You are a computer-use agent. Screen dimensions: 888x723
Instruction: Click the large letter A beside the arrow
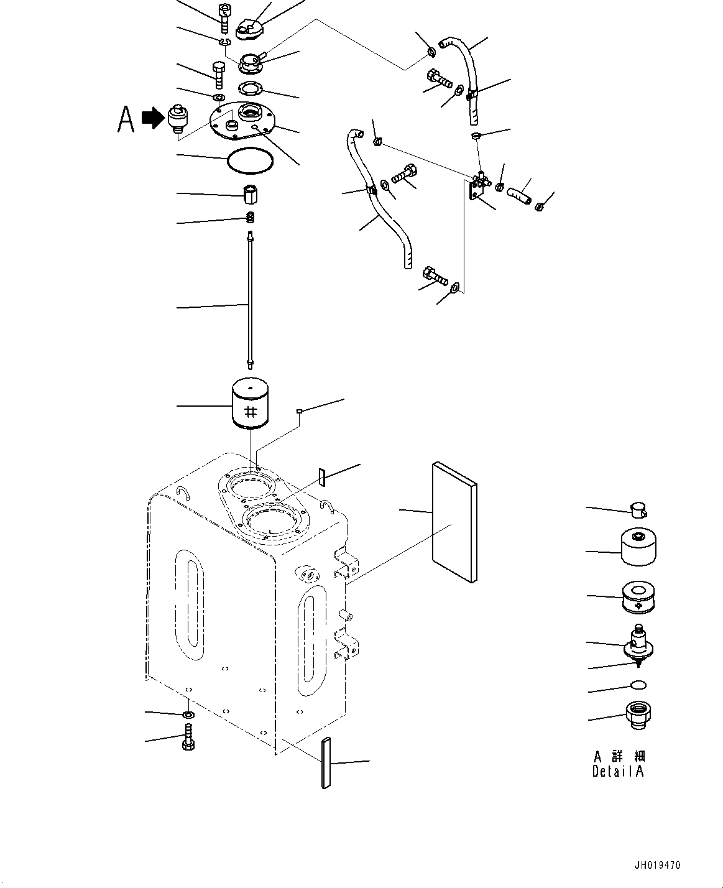coord(126,119)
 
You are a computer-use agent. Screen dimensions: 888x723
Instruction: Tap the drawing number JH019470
coord(658,865)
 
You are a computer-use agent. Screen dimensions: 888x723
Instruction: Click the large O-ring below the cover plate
coord(250,161)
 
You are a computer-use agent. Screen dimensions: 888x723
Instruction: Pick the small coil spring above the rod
coord(251,218)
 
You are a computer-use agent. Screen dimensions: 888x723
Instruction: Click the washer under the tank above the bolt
coord(188,715)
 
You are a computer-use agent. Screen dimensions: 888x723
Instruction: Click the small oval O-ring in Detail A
coord(638,685)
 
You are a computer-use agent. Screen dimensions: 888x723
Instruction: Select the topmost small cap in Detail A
coord(638,510)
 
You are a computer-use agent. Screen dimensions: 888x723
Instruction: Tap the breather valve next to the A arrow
coord(177,119)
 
